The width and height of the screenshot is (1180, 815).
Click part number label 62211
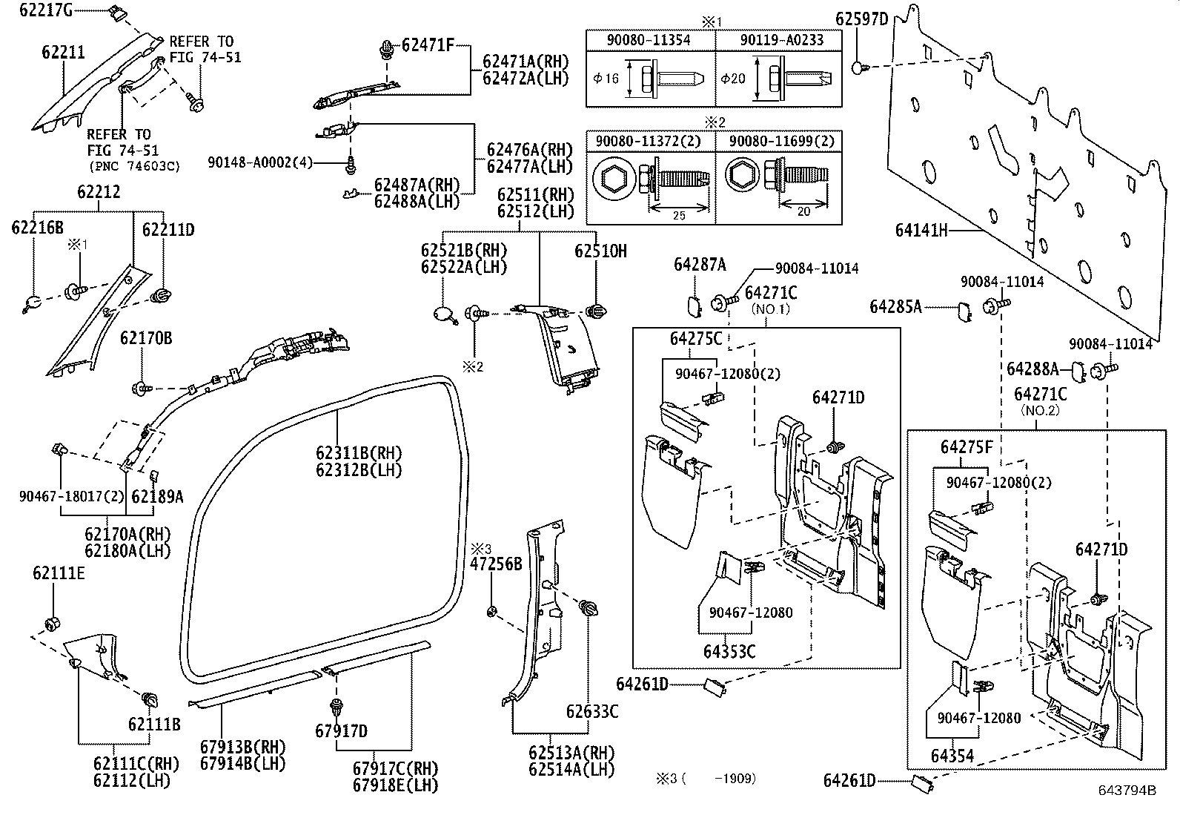[63, 53]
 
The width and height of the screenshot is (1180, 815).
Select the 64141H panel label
[921, 231]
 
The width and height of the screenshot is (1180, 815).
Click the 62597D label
[861, 19]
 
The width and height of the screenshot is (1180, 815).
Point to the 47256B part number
[496, 564]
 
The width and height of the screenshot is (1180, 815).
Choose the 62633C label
[591, 712]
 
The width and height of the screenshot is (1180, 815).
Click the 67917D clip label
[341, 731]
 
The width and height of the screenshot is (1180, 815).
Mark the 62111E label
[59, 573]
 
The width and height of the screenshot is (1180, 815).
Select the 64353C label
[729, 651]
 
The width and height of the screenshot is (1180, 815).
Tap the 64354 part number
[952, 756]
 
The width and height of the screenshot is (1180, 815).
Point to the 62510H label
[600, 251]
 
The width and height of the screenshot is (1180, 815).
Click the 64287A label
[700, 264]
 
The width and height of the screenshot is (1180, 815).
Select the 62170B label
[146, 339]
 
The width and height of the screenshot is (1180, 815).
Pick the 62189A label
[157, 496]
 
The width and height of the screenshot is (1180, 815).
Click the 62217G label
[45, 10]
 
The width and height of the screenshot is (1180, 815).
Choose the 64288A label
[1032, 369]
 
